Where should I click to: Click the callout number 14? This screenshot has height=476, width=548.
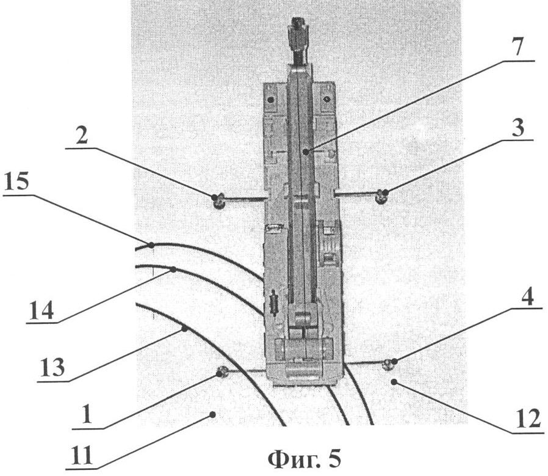pos(41,310)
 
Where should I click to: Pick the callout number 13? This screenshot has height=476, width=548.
pos(52,367)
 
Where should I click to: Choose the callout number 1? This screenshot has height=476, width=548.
pos(85,416)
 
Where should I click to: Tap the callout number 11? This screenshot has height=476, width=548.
pos(81,455)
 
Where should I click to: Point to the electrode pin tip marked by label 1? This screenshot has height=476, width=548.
pos(222,372)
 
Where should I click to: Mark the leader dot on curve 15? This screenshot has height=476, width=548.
pos(151,245)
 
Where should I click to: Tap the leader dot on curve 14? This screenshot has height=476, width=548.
pos(174,269)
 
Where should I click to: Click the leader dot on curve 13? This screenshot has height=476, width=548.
pos(184,329)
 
